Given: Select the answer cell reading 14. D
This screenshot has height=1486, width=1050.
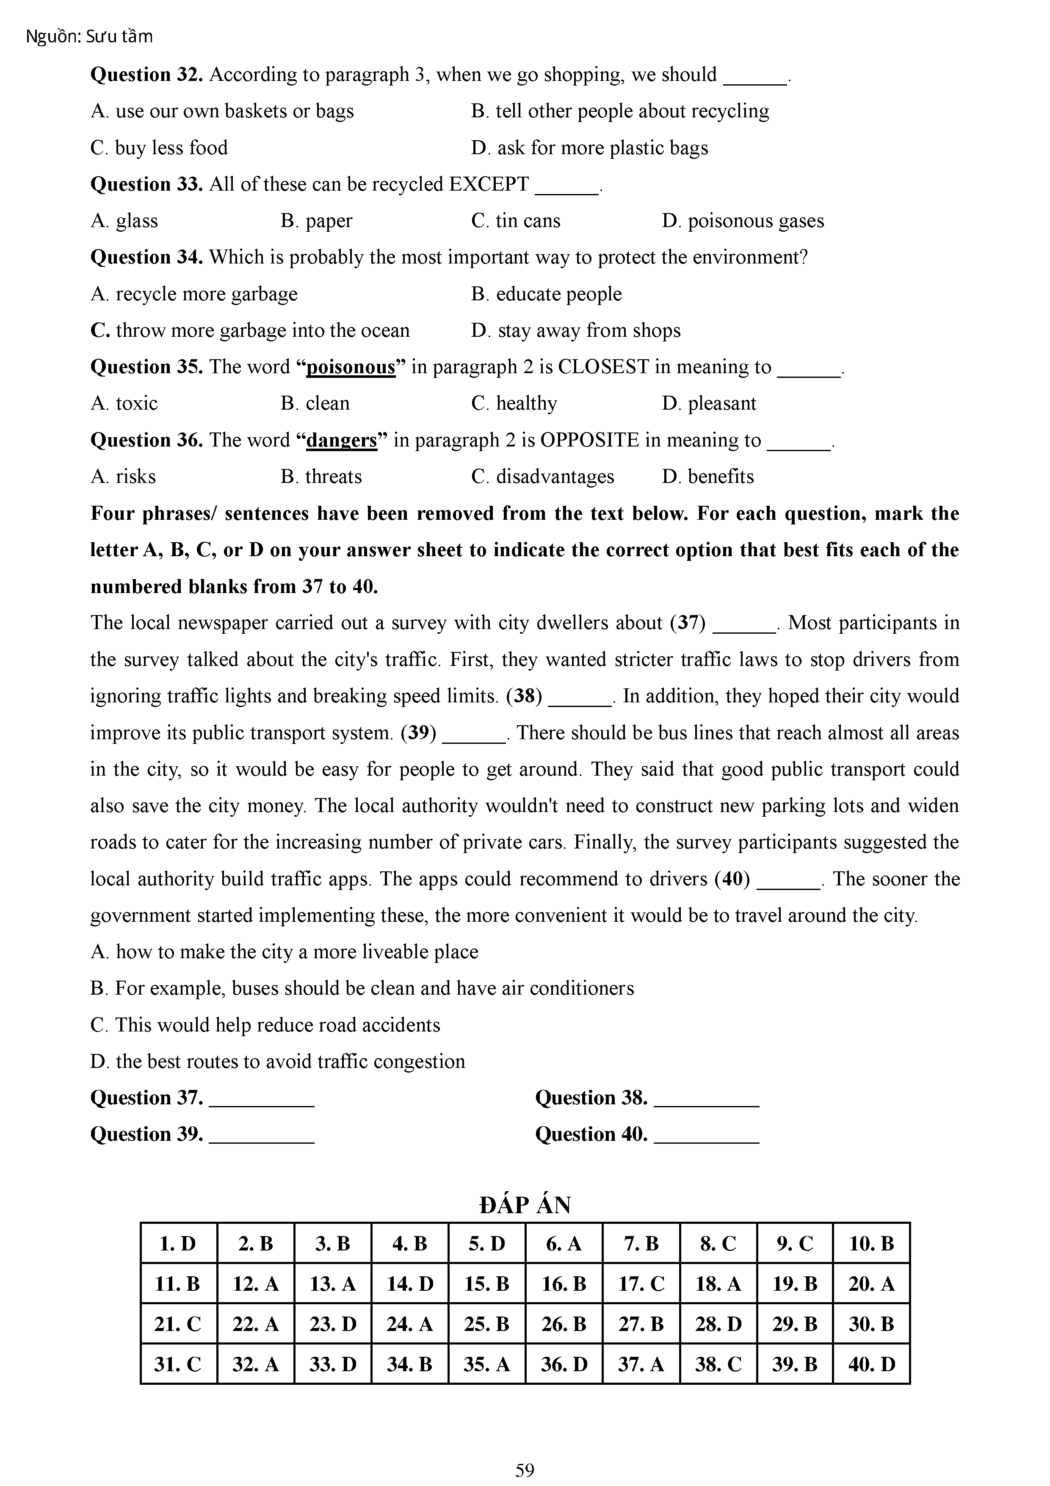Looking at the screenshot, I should coord(409,1284).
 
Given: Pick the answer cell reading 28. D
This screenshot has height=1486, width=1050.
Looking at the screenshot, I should coord(718,1324).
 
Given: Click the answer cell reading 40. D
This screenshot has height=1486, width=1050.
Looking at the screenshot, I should coord(871,1364).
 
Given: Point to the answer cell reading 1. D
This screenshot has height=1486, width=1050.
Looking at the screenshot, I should coord(178,1243).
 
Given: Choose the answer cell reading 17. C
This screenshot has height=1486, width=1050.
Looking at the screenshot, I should coord(641,1284).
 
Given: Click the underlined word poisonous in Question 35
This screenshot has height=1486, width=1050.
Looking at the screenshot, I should coord(351,367).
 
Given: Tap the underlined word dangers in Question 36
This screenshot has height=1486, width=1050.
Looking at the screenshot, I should coord(342,440).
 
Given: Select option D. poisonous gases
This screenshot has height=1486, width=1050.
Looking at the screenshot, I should coord(743,221).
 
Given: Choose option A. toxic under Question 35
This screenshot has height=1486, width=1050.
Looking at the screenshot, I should coord(124,403).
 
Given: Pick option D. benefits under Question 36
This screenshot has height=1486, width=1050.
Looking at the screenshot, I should coord(708,477).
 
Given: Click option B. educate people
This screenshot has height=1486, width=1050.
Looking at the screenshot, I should coord(546,294).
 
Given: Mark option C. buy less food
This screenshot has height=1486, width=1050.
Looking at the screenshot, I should coord(159,147).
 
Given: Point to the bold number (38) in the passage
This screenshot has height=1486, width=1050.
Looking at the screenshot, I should coord(524,696).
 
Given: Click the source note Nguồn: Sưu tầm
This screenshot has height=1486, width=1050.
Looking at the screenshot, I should coord(89,36).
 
